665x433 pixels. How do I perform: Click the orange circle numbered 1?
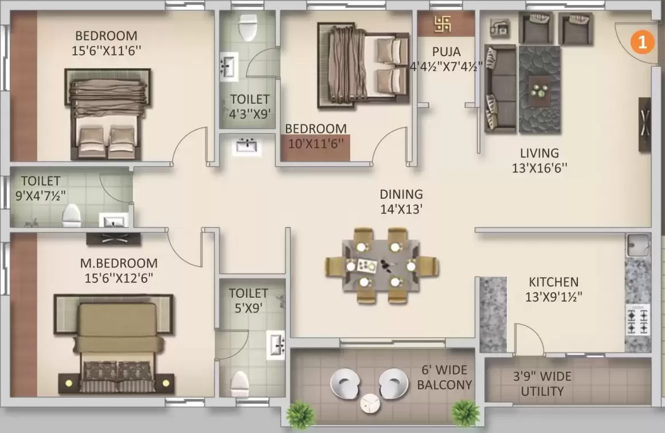pyautogui.click(x=642, y=41)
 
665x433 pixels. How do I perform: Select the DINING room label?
pyautogui.click(x=401, y=194)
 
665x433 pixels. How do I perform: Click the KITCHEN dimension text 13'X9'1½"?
pyautogui.click(x=553, y=297)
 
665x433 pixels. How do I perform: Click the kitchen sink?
pyautogui.click(x=638, y=246)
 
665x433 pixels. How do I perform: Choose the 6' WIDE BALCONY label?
pyautogui.click(x=444, y=377)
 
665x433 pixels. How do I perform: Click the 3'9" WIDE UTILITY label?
pyautogui.click(x=542, y=384)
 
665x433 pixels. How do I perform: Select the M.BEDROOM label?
pyautogui.click(x=119, y=263)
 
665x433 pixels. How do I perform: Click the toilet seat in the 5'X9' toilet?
pyautogui.click(x=240, y=383)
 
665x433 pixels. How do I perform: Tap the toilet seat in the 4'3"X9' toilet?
pyautogui.click(x=247, y=25)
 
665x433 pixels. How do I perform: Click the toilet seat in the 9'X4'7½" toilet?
pyautogui.click(x=71, y=215)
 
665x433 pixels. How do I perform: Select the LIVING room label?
pyautogui.click(x=539, y=153)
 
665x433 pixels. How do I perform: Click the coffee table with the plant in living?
pyautogui.click(x=539, y=90)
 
